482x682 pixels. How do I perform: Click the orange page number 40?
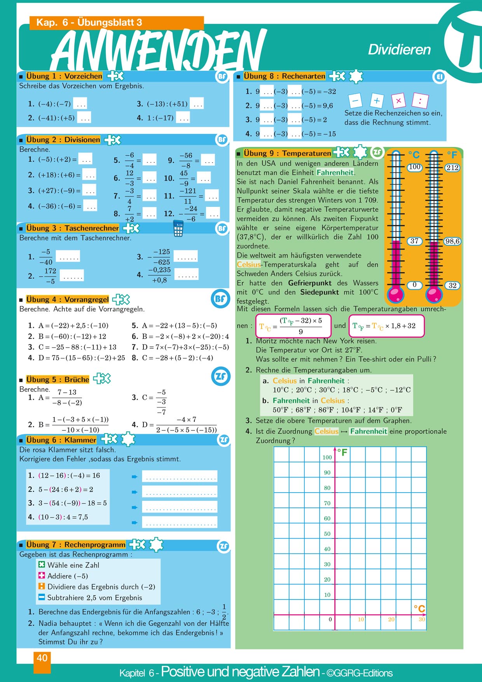coord(42,658)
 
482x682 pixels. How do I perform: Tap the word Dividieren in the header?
coord(399,50)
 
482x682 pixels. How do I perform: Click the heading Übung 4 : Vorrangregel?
coord(67,299)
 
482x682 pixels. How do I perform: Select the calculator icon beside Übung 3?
coord(178,229)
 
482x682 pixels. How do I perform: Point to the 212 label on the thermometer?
coord(452,168)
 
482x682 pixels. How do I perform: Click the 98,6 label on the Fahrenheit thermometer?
coord(452,241)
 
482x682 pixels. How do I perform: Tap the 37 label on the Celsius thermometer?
coord(414,241)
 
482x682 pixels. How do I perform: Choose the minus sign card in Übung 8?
coord(355,101)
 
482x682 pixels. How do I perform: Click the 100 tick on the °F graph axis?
coord(327,457)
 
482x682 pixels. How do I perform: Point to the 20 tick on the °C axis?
coord(391,619)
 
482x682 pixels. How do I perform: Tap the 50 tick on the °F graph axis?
coord(327,534)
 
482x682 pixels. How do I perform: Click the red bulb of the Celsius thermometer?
coord(396,294)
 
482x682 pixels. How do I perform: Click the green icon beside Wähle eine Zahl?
coord(42,564)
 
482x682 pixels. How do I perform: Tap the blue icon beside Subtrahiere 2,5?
coord(42,597)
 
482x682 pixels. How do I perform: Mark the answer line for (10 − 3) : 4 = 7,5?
coord(180,522)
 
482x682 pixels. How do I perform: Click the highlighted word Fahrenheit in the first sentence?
coord(335,172)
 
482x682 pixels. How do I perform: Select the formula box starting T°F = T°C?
coord(386,326)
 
